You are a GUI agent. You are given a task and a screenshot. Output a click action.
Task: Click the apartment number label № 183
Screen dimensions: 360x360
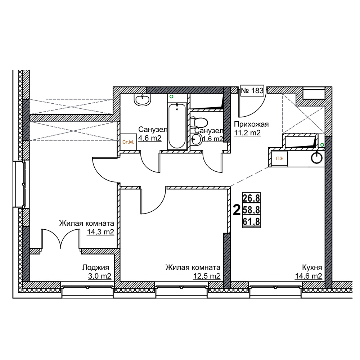coord(252,90)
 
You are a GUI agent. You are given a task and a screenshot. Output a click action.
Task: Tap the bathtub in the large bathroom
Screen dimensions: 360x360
coord(177,126)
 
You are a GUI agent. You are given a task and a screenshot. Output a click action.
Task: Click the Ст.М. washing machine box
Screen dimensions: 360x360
coord(128,142)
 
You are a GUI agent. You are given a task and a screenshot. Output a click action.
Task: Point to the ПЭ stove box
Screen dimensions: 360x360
coord(279,159)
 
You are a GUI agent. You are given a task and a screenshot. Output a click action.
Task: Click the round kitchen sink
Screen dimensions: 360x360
coord(317,158)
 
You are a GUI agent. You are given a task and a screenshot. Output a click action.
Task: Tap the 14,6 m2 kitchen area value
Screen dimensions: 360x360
coord(309,276)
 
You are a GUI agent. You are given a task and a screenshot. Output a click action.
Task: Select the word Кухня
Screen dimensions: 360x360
coord(312,267)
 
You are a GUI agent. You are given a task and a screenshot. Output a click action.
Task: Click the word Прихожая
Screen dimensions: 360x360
coord(251,125)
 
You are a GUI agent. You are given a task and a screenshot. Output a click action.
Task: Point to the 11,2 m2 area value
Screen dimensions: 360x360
coord(247,133)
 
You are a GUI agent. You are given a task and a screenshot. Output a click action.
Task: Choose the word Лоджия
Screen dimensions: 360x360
coord(96,267)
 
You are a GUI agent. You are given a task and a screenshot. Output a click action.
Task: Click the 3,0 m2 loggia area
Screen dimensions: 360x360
coord(100,276)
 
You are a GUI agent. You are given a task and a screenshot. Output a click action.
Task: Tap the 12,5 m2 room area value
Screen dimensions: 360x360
coord(207,276)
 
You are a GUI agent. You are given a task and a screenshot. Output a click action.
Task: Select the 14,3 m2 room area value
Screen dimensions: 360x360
coord(100,232)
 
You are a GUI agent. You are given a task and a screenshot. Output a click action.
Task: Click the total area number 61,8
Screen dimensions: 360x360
coord(251,222)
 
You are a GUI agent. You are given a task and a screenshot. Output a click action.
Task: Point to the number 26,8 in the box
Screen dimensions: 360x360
coord(251,197)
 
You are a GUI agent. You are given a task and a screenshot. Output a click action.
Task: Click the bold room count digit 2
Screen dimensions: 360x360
coord(237,210)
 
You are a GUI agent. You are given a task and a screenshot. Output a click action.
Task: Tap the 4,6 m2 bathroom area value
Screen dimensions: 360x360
coord(150,138)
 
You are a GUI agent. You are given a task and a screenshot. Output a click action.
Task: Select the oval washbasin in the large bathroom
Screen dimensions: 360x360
coord(142,100)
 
